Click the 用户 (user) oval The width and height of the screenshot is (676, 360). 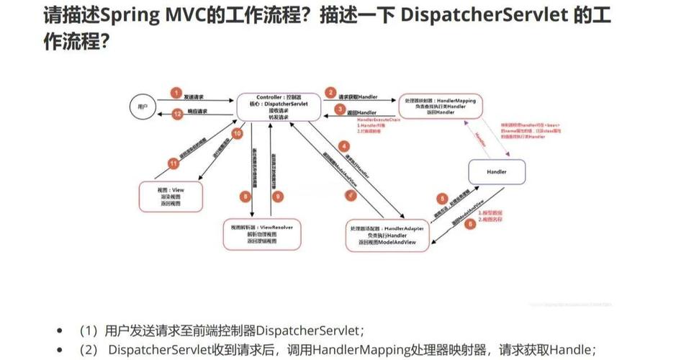point(142,107)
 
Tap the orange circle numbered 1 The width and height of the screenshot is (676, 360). point(175,94)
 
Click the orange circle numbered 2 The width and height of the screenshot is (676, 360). point(330,93)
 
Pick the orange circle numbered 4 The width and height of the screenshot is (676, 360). point(344,146)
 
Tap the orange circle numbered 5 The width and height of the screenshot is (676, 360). point(443,198)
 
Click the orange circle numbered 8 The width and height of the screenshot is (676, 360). point(245,195)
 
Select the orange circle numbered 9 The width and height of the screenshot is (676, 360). point(279,195)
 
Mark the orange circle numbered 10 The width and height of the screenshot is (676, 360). point(236,133)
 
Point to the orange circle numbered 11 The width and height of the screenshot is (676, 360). point(173,163)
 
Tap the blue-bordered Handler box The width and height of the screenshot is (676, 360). point(497,173)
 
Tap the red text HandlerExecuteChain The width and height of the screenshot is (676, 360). point(378,120)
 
